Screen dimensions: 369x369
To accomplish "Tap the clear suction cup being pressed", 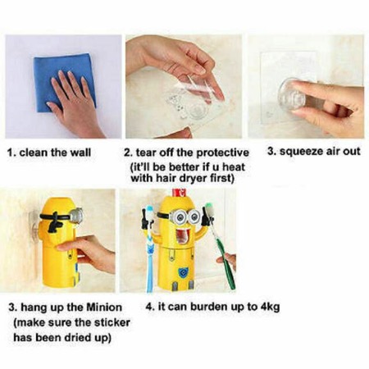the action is pyautogui.click(x=291, y=93).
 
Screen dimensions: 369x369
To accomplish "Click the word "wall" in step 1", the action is pyautogui.click(x=80, y=153).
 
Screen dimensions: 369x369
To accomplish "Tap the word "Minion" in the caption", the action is pyautogui.click(x=104, y=307).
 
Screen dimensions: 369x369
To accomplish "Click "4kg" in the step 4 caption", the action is pyautogui.click(x=270, y=307).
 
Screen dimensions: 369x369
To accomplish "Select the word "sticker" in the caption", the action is pyautogui.click(x=112, y=322).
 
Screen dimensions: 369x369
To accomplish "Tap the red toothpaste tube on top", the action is pyautogui.click(x=179, y=193).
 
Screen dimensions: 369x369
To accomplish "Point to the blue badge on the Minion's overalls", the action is pyautogui.click(x=184, y=272).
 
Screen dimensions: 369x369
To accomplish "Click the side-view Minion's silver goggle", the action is pyautogui.click(x=76, y=215).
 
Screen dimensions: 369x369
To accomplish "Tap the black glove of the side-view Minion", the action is pyautogui.click(x=55, y=224).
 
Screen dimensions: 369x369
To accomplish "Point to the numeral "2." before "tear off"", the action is pyautogui.click(x=128, y=153).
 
